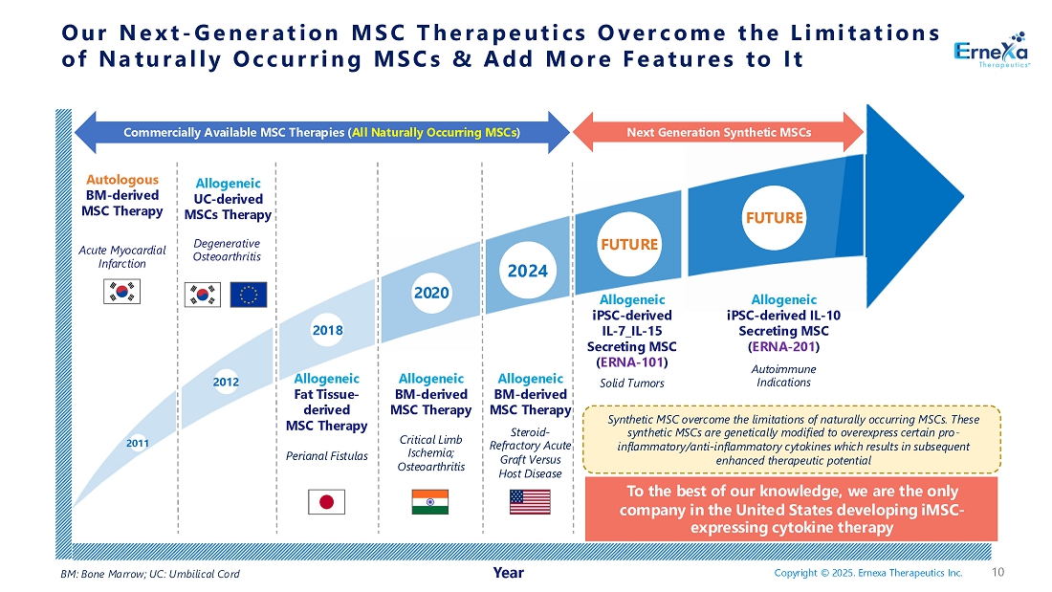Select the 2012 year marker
226,383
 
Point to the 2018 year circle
327,330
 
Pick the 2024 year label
527,271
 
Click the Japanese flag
326,501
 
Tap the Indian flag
429,501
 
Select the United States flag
531,501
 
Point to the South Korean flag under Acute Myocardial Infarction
121,292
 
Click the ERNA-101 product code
631,362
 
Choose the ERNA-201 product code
783,346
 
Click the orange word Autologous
122,179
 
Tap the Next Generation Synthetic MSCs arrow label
718,132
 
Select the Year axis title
508,573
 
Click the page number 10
998,573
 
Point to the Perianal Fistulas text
326,456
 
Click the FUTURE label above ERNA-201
774,217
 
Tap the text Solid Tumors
631,384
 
